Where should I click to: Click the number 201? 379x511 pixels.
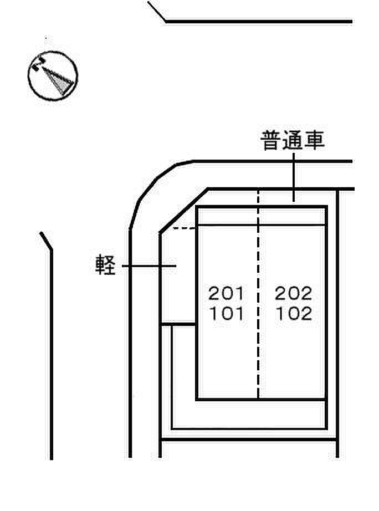pyautogui.click(x=226, y=293)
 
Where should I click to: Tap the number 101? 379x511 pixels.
pyautogui.click(x=226, y=314)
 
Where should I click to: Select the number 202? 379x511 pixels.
pyautogui.click(x=294, y=293)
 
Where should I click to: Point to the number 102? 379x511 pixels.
pyautogui.click(x=294, y=314)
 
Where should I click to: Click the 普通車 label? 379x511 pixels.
pyautogui.click(x=293, y=141)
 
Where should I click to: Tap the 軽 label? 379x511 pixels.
pyautogui.click(x=105, y=266)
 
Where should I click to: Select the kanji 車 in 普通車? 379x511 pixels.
pyautogui.click(x=314, y=141)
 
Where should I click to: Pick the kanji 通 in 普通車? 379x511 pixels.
pyautogui.click(x=293, y=141)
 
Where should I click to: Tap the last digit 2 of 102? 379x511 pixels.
pyautogui.click(x=306, y=314)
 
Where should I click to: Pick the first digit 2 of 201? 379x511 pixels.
pyautogui.click(x=214, y=293)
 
